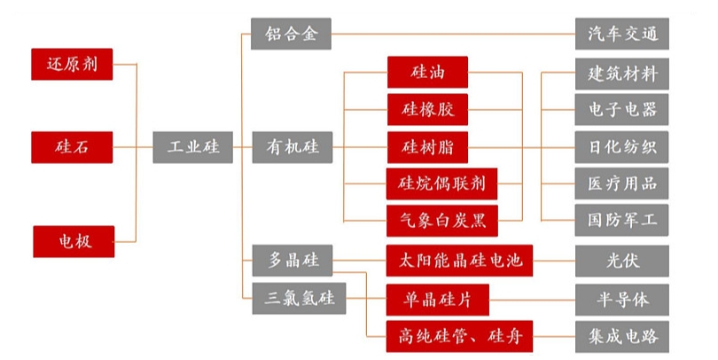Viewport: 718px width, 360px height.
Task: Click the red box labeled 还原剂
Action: pyautogui.click(x=73, y=64)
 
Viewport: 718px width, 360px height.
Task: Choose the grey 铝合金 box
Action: pyautogui.click(x=291, y=35)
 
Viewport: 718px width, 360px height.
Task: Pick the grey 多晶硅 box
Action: pyautogui.click(x=292, y=262)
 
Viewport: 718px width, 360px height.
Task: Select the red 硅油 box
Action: pyautogui.click(x=427, y=70)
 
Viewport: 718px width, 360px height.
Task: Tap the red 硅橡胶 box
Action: pyautogui.click(x=427, y=109)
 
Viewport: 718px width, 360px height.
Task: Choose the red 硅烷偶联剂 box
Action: pyautogui.click(x=441, y=184)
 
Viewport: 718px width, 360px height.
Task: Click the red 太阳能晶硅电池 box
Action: pyautogui.click(x=459, y=262)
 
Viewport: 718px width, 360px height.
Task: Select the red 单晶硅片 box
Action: pyautogui.click(x=440, y=300)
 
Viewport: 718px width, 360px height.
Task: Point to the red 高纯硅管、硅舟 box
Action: pyautogui.click(x=459, y=337)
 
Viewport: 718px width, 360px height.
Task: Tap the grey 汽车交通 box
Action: pyautogui.click(x=621, y=35)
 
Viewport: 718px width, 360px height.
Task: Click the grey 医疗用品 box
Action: pyautogui.click(x=621, y=184)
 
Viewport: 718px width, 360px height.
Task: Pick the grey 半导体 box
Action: pyautogui.click(x=621, y=300)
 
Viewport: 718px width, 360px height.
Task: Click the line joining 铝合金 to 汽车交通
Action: pyautogui.click(x=452, y=35)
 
